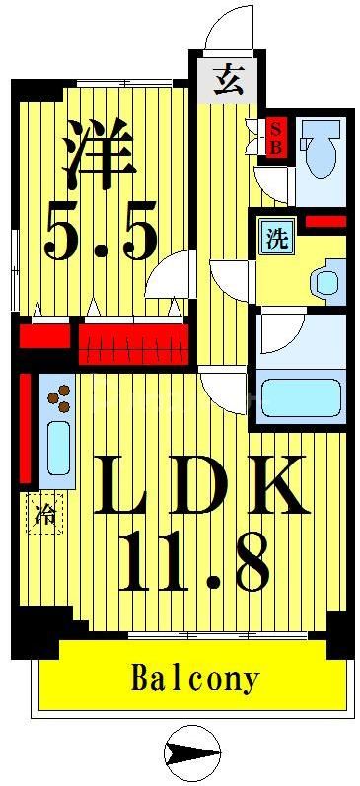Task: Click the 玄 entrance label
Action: pyautogui.click(x=230, y=77)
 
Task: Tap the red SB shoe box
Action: pyautogui.click(x=276, y=136)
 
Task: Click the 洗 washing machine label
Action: pyautogui.click(x=277, y=239)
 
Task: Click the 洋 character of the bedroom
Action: pyautogui.click(x=97, y=153)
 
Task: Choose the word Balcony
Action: pyautogui.click(x=195, y=679)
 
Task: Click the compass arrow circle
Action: pyautogui.click(x=189, y=753)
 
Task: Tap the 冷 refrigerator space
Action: pyautogui.click(x=45, y=513)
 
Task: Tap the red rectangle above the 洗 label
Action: pyautogui.click(x=324, y=221)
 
